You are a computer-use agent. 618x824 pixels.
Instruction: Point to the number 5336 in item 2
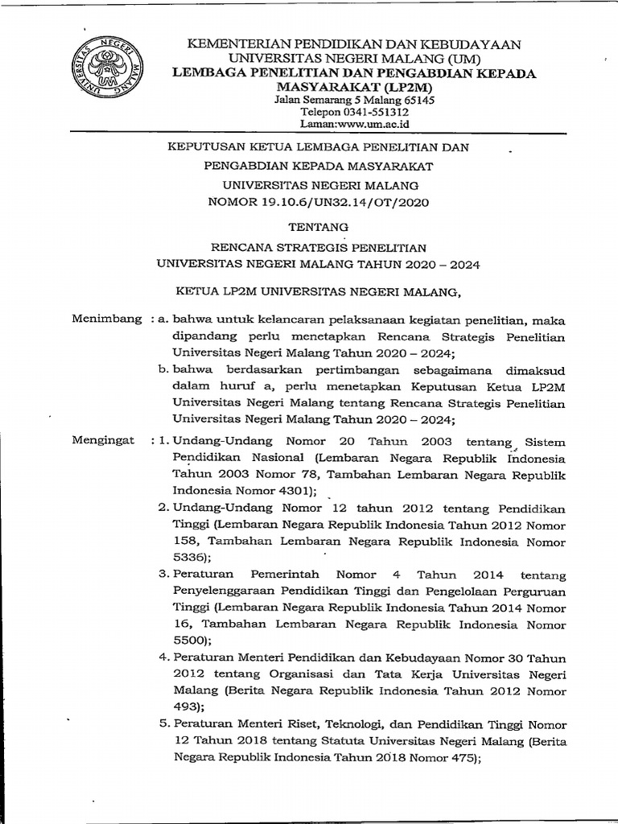coord(190,556)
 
